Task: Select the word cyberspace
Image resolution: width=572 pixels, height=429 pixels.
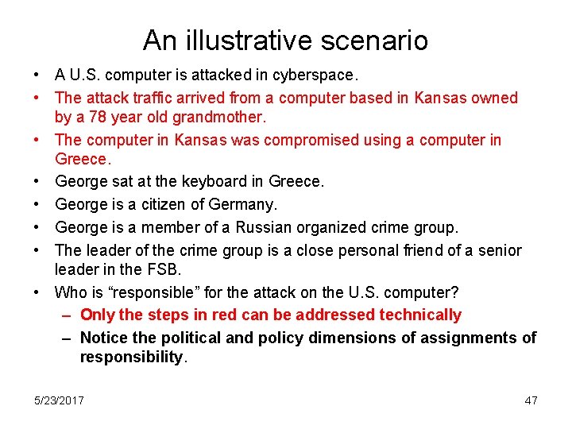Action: coord(315,76)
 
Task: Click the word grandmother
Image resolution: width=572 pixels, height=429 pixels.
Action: coord(219,117)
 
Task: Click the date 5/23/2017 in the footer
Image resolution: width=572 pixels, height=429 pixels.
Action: coord(59,400)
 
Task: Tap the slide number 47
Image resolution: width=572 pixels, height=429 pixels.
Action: coord(531,400)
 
